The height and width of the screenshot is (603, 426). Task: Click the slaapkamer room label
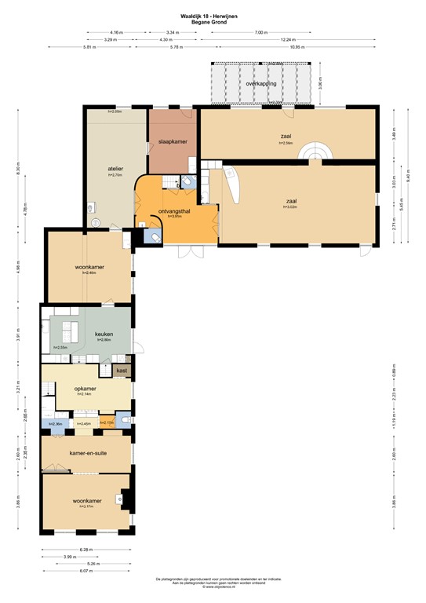pos(172,141)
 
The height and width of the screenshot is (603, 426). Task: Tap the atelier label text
pos(117,169)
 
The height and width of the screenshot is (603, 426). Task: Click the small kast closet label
pos(122,369)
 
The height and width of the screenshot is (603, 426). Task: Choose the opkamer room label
pos(86,389)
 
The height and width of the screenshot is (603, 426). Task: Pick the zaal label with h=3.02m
pos(291,200)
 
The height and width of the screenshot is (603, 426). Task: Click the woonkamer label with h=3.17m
pos(86,501)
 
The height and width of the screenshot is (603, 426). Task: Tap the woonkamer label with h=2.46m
pos(90,267)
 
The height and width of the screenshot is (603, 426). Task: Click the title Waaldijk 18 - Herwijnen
pos(212,15)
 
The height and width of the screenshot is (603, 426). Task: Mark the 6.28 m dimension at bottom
pos(86,550)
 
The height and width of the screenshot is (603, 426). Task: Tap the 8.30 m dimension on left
pos(17,168)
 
